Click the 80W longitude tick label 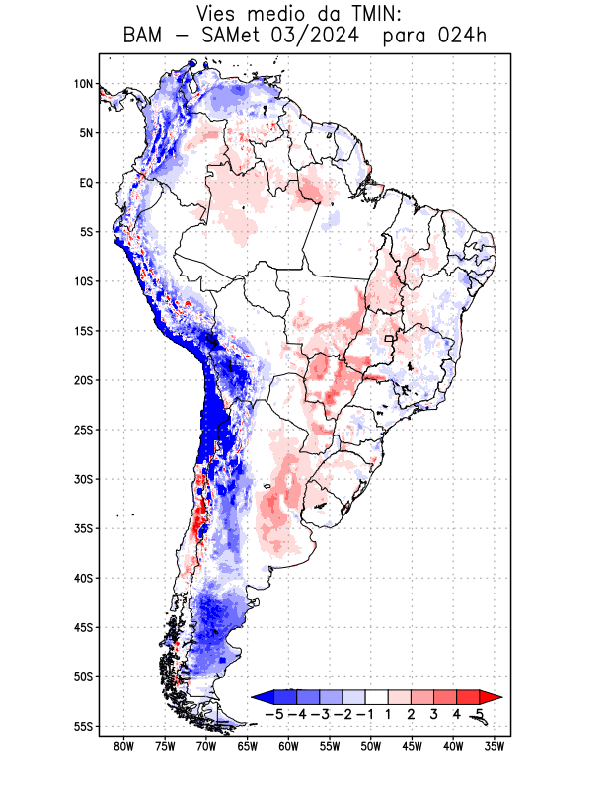(x=124, y=746)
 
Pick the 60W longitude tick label (x=288, y=746)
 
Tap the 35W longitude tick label (x=494, y=746)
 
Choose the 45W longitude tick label (x=412, y=746)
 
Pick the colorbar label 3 (x=433, y=714)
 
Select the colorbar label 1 (x=388, y=714)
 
